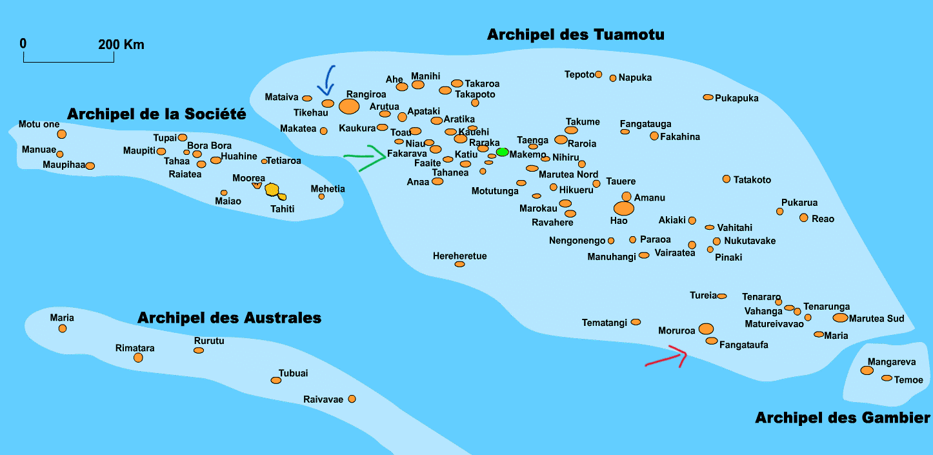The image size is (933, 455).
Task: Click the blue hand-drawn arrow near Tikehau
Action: point(329,80)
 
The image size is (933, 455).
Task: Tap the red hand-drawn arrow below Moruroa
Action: point(668,357)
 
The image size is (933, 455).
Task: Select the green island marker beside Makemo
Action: point(502,152)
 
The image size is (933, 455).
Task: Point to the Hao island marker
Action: point(623,208)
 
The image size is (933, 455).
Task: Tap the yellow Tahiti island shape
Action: point(273,190)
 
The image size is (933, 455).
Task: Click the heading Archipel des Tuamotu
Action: point(576,34)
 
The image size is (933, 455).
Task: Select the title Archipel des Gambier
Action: point(843,418)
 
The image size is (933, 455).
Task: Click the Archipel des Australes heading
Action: point(229,318)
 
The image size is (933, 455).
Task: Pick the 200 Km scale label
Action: point(121,45)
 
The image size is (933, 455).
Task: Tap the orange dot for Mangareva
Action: point(867,370)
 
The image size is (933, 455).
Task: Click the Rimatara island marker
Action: point(138,358)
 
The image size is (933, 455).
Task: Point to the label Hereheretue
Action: point(459,256)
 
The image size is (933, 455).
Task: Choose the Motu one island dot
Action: point(62,134)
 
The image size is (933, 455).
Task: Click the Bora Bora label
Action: point(209,146)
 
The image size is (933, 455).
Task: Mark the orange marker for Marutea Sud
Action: point(840,318)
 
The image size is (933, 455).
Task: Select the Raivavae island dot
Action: point(352,399)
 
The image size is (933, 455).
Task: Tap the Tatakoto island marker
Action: point(727,179)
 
